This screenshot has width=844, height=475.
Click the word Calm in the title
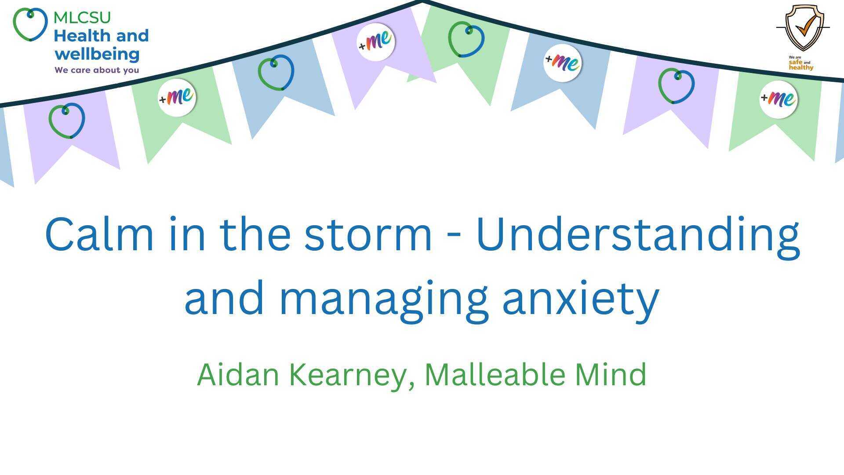click(x=99, y=234)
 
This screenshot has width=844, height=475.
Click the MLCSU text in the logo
click(x=82, y=18)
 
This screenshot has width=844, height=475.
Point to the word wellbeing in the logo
click(x=97, y=55)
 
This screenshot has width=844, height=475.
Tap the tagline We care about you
click(x=97, y=70)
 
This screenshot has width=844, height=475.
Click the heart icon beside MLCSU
click(x=30, y=24)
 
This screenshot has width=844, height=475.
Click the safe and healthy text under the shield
click(x=801, y=65)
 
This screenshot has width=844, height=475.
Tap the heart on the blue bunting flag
click(x=276, y=73)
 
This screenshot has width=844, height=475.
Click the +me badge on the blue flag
click(x=562, y=62)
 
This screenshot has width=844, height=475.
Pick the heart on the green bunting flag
click(x=466, y=40)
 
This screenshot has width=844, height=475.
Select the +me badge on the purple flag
click(x=375, y=42)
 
